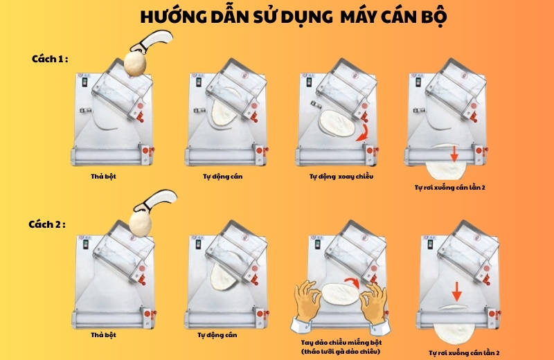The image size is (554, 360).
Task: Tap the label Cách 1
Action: [x=50, y=59]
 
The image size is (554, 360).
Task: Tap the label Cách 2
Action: [x=47, y=224]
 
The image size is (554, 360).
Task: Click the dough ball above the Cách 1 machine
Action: [x=134, y=63]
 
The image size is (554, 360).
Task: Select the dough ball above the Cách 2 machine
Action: [x=140, y=224]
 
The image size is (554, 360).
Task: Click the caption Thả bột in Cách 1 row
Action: [x=103, y=177]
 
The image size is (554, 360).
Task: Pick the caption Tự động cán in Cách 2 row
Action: [x=217, y=335]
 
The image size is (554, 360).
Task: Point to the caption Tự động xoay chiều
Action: [x=341, y=177]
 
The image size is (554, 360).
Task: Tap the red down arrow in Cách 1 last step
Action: [x=454, y=154]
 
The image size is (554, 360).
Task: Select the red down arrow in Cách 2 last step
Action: [x=457, y=291]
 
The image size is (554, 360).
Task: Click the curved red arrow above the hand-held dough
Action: [x=353, y=281]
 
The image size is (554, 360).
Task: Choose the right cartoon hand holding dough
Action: [x=375, y=308]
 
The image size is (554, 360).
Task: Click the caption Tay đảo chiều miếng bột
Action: [x=341, y=342]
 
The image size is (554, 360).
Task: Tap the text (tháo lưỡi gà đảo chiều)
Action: [x=341, y=352]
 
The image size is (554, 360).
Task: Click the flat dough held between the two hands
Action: [x=340, y=294]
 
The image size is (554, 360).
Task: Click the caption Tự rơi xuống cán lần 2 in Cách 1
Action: [x=449, y=187]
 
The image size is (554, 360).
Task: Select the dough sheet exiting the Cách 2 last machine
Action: [x=454, y=333]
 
